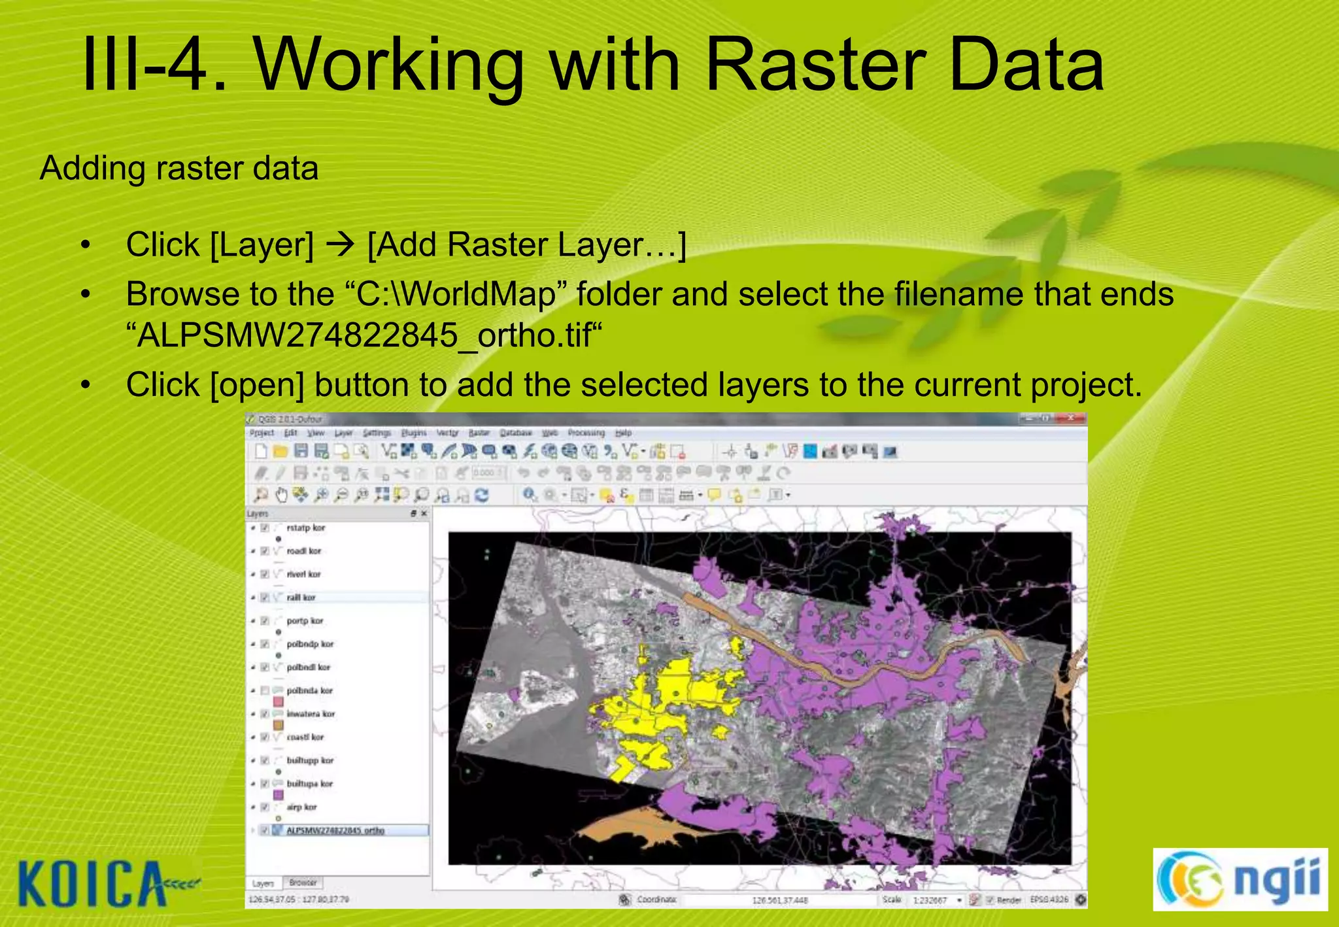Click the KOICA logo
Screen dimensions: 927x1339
click(98, 884)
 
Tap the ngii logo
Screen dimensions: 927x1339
click(1240, 879)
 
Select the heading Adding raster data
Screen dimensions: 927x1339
click(179, 169)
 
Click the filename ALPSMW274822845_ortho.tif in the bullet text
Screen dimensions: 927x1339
click(364, 336)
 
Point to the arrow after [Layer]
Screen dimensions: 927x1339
click(340, 245)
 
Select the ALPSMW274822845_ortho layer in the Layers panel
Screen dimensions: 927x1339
click(335, 830)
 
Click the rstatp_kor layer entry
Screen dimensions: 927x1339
click(305, 528)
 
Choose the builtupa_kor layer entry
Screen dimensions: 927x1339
click(310, 783)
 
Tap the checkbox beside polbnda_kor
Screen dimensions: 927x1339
click(265, 690)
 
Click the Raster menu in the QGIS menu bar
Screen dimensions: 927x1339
click(479, 433)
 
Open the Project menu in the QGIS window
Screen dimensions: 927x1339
click(262, 433)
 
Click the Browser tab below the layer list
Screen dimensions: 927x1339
click(303, 883)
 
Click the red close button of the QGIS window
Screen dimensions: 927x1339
click(1071, 418)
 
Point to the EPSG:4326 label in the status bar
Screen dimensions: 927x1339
click(1049, 900)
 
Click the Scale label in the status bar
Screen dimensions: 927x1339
click(892, 900)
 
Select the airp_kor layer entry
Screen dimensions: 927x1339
click(301, 807)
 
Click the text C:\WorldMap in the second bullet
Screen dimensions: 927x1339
click(456, 294)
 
